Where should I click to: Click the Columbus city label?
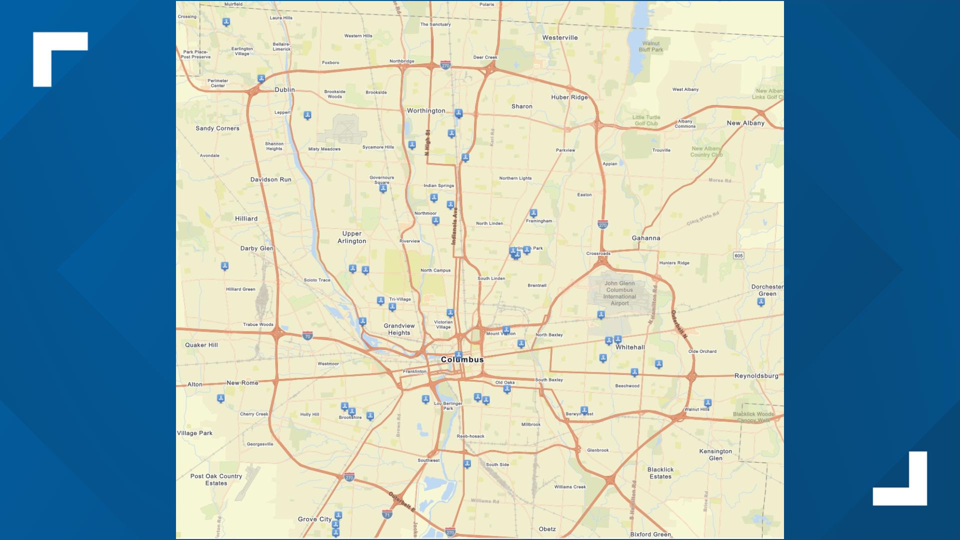462,359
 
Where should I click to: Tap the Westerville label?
559,37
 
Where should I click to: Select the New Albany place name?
745,123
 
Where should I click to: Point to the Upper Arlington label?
351,237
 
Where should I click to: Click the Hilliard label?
246,218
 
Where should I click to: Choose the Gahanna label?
645,238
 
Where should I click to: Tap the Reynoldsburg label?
756,376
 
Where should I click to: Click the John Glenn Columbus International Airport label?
619,293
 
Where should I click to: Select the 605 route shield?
738,255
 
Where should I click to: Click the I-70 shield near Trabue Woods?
307,336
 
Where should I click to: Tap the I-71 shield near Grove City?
386,514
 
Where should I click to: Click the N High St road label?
427,142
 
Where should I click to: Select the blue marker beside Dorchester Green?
760,302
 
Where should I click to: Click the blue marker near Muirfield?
226,22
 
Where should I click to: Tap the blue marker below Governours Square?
383,188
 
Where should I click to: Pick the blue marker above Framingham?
533,213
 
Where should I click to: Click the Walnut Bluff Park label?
650,46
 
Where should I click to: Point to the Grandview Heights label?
399,329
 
